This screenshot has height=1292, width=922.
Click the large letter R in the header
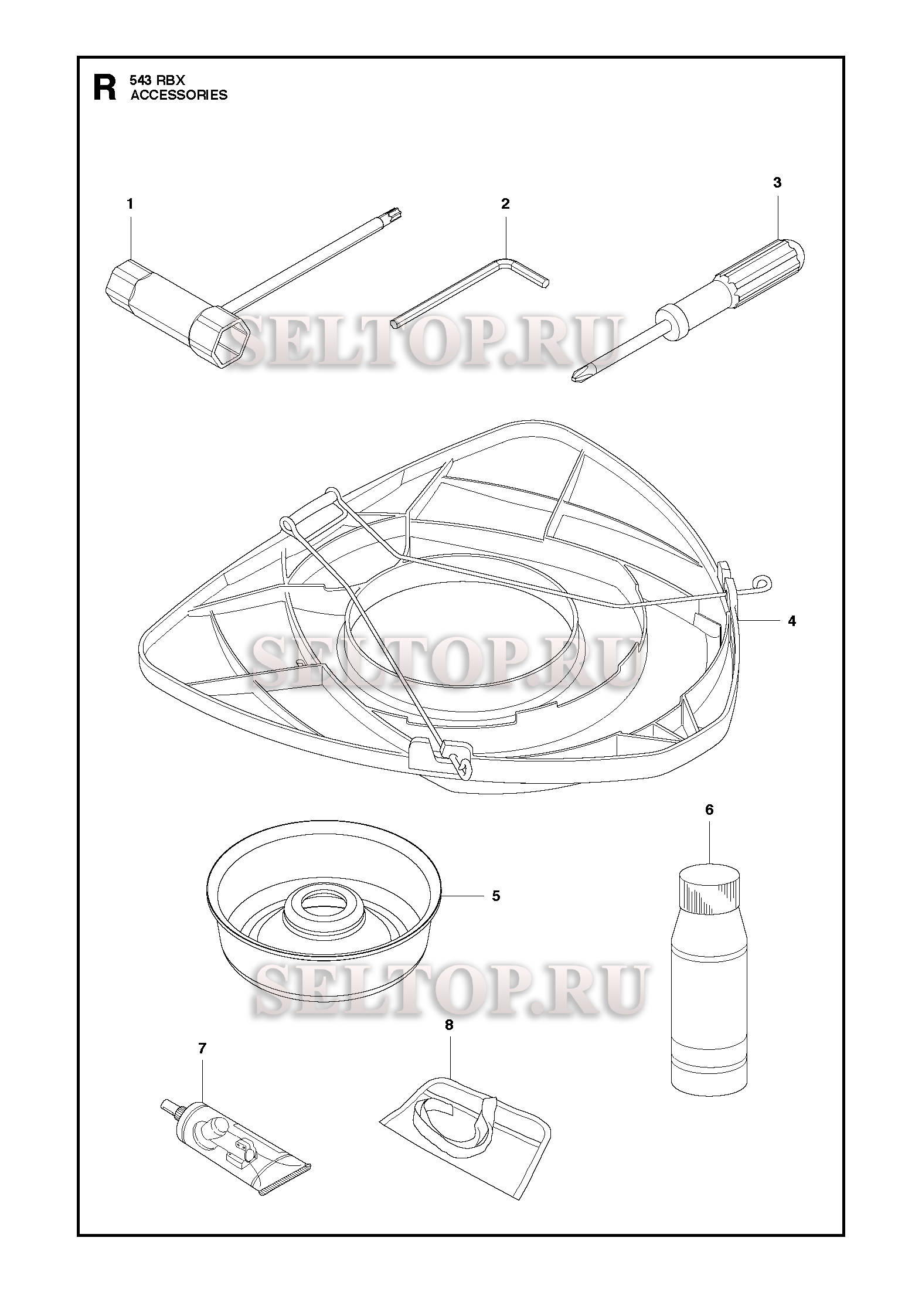105,87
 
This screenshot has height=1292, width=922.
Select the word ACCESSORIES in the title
179,95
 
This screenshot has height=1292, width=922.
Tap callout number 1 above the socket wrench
130,204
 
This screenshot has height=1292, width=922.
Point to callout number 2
505,204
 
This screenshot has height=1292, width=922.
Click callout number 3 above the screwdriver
777,183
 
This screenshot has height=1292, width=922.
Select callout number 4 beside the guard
792,621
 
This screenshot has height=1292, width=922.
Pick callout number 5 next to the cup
496,912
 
